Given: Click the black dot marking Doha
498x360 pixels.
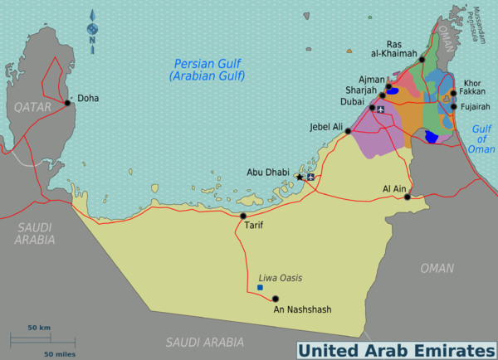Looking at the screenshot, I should coord(67,104).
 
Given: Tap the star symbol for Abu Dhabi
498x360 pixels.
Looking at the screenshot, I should coord(300,177).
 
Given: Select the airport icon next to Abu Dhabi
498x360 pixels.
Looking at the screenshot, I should coord(311,177).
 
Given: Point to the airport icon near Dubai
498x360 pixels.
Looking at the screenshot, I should coord(381,109).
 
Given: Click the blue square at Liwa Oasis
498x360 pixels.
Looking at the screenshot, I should coord(260,287).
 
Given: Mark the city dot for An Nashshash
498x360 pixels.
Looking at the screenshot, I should coord(276,299).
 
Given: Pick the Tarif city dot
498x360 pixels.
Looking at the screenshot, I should coord(243,216).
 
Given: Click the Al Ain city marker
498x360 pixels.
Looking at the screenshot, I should coord(407,197).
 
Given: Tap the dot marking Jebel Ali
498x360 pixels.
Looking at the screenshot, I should coord(349,129).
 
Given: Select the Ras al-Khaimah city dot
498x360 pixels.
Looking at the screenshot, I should coord(422,60).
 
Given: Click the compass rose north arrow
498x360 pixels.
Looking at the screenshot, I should coord(91,32).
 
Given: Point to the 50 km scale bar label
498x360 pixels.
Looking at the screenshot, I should coord(38,328).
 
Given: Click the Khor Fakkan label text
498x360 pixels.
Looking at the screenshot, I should coord(474,87).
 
